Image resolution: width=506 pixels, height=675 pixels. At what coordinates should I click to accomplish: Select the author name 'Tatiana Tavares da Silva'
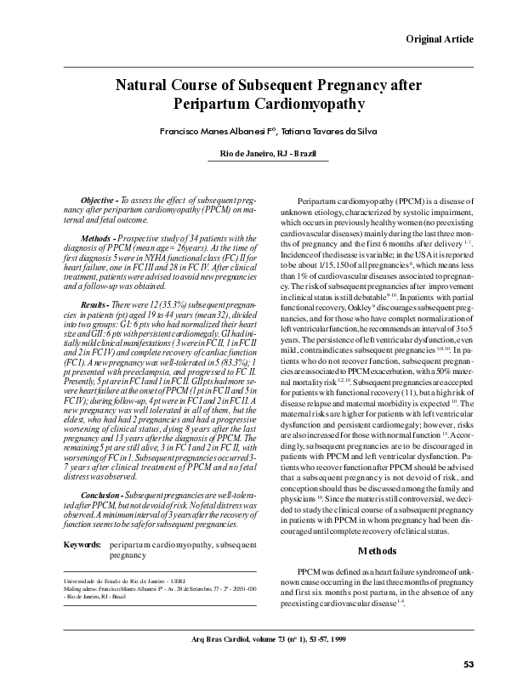(x=313, y=133)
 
